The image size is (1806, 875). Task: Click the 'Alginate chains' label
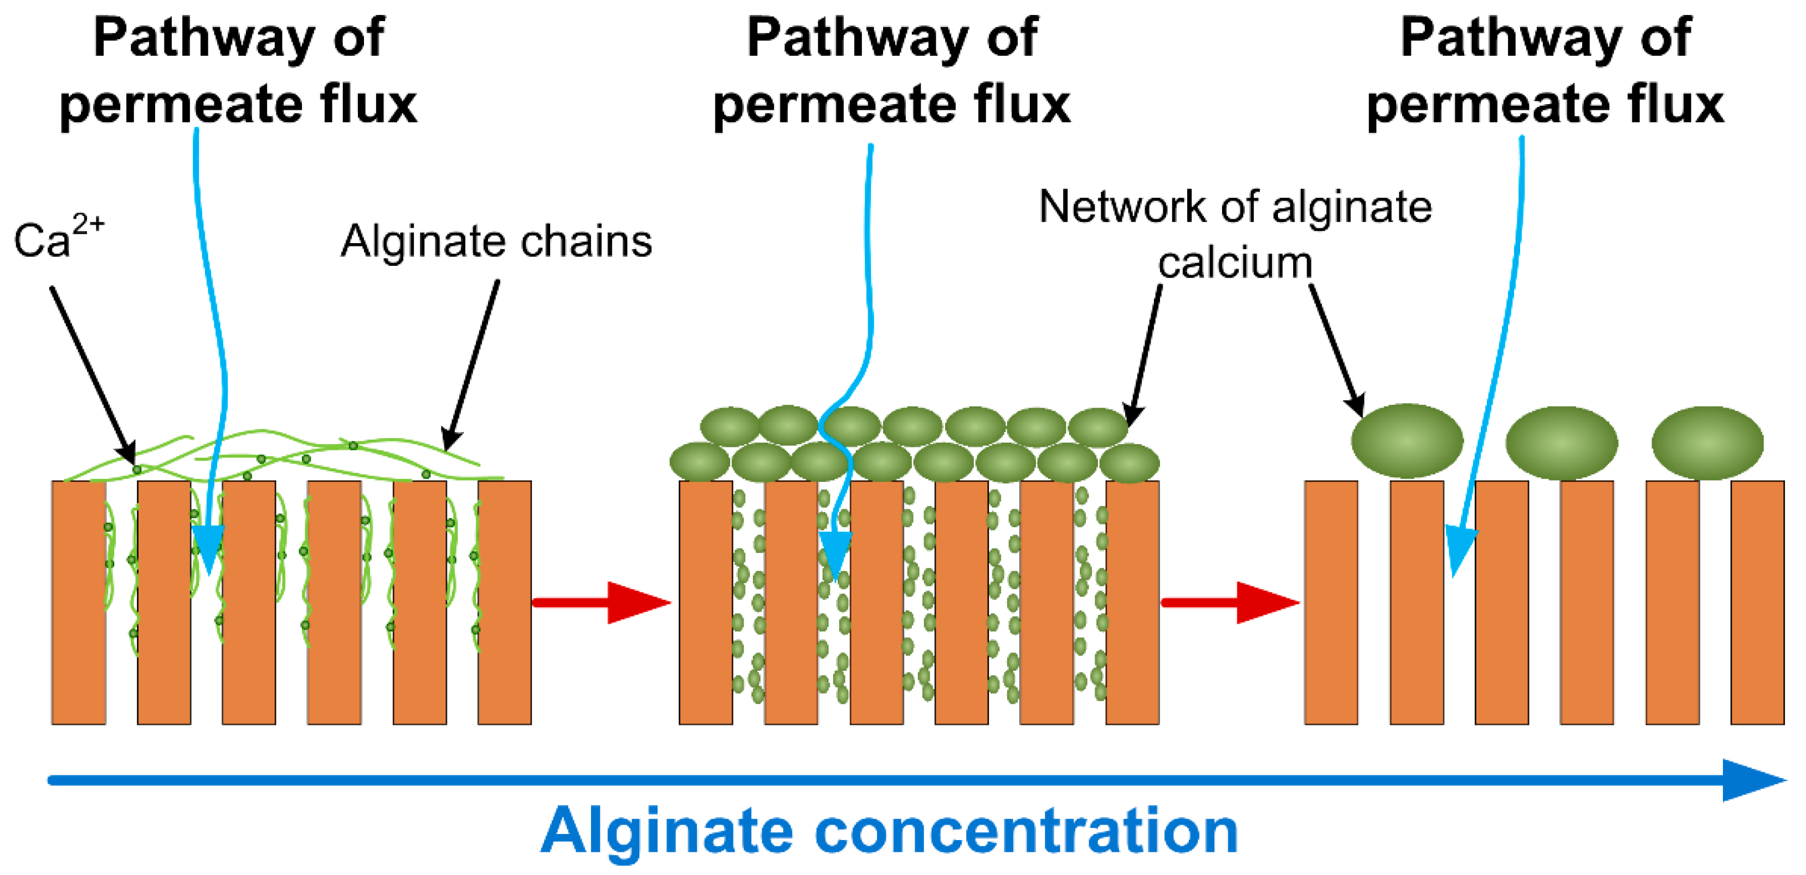496,242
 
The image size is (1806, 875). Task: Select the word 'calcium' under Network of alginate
1235,264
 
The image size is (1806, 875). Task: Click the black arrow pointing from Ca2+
93,374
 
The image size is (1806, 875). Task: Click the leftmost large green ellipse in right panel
1407,441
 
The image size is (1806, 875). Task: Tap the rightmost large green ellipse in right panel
1707,443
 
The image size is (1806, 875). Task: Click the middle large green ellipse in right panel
1561,443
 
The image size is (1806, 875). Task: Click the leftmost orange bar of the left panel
79,603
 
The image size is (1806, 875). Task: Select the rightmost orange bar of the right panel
1758,603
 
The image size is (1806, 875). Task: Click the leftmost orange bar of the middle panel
706,603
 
